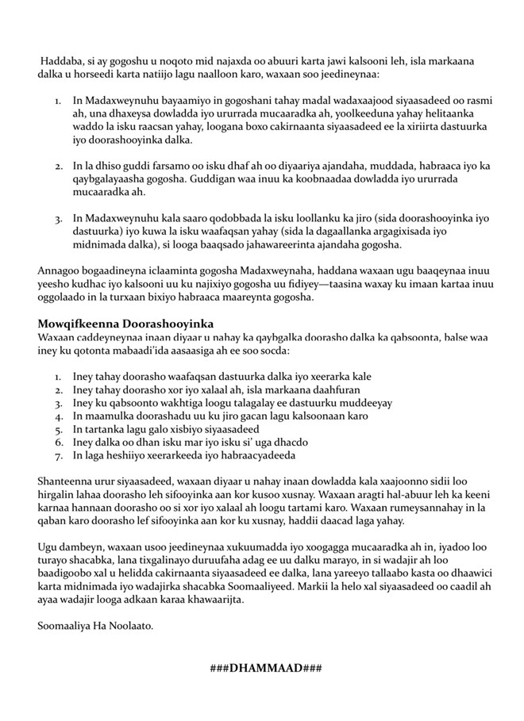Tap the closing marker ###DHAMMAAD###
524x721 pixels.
click(265, 668)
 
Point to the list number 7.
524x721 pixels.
click(58, 455)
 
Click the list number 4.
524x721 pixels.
click(58, 414)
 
